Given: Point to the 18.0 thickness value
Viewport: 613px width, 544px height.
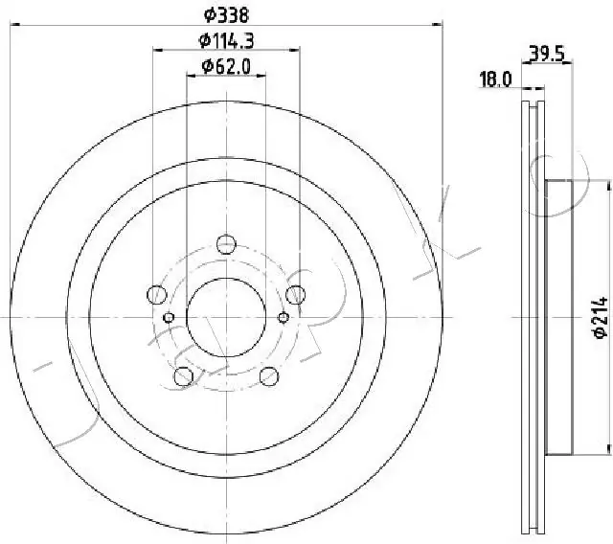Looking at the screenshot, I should pos(494,81).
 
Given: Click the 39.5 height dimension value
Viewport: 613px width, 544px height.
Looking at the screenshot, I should pos(545,56).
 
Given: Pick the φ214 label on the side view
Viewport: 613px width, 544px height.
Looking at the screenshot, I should pos(599,317).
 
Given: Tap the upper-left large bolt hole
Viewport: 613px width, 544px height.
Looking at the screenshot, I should pos(156,294).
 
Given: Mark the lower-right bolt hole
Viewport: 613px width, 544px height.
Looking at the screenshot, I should pos(268,375).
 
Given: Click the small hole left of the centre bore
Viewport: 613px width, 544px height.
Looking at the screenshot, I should pos(170,317).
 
